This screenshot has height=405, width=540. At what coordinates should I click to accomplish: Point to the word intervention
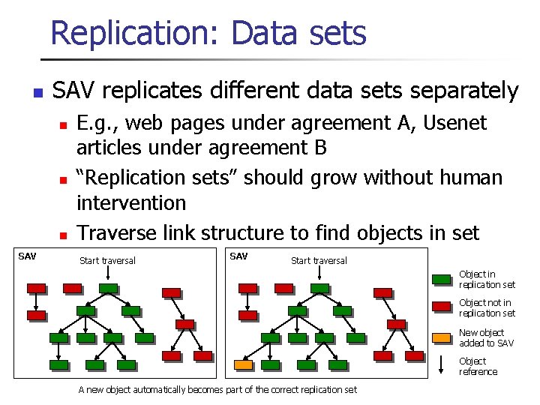[131, 202]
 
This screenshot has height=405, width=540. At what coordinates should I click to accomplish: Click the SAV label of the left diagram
[27, 256]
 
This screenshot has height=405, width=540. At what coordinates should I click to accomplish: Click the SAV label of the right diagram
[238, 256]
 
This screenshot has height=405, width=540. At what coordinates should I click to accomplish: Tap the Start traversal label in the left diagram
[107, 261]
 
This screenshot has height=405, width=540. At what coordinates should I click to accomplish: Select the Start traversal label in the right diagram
[319, 261]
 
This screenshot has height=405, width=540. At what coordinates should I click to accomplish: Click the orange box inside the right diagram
[244, 365]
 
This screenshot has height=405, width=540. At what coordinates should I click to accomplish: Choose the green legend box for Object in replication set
[441, 280]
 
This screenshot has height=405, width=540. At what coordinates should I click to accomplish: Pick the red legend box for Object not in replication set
[441, 308]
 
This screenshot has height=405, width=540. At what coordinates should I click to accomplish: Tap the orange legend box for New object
[441, 337]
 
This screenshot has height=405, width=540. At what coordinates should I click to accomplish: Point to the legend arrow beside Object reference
[441, 366]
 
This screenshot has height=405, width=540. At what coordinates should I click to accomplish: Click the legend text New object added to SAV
[486, 337]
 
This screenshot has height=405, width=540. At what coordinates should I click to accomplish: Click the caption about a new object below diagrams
[217, 389]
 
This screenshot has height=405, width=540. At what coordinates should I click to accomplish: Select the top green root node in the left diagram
[108, 288]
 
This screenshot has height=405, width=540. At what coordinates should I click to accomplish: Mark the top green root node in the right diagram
[319, 288]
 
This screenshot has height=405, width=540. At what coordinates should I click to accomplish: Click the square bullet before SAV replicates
[35, 94]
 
